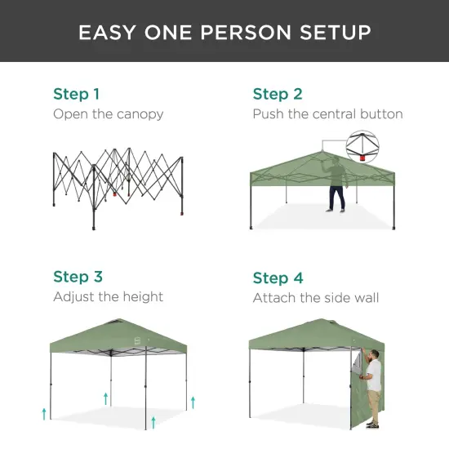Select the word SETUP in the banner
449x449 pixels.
[x=336, y=32]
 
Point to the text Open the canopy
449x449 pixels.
[x=108, y=113]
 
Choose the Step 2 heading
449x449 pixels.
[x=278, y=93]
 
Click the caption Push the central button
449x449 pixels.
[x=327, y=113]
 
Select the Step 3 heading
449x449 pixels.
[x=78, y=277]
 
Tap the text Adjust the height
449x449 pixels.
[x=108, y=296]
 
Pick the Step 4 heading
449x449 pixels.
[x=278, y=278]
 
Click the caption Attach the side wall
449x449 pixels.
[x=315, y=297]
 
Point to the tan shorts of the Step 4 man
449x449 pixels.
[x=374, y=399]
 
